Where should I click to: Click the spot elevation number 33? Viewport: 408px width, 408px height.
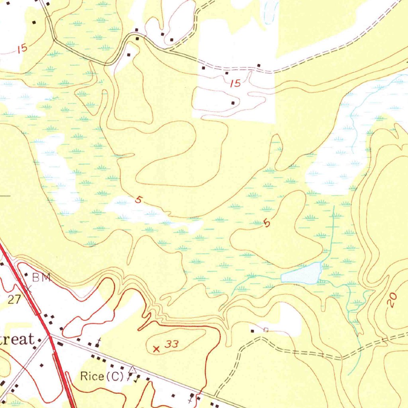[172, 344]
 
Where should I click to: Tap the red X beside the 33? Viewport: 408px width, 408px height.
[156, 349]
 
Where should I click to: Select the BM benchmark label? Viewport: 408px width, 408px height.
[41, 278]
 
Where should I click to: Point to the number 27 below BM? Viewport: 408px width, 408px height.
[14, 299]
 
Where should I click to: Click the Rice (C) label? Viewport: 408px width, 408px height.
[102, 376]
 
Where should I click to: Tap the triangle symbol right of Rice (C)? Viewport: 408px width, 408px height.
[133, 370]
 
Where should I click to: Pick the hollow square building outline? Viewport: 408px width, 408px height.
[266, 330]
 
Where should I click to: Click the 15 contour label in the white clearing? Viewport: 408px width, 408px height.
[235, 83]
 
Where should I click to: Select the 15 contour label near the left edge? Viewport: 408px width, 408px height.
[22, 49]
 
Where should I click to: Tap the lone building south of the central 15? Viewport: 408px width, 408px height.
[233, 103]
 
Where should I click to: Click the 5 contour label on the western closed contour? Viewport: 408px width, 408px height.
[138, 200]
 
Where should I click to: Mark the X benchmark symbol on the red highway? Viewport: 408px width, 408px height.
[28, 288]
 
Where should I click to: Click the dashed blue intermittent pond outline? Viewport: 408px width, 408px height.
[271, 10]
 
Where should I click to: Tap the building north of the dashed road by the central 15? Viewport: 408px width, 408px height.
[259, 65]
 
